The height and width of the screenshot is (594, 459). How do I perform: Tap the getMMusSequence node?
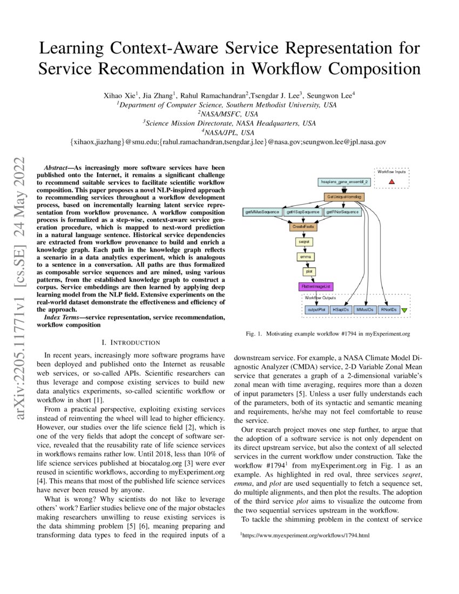pos(262,212)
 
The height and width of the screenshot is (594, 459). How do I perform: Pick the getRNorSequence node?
pos(343,212)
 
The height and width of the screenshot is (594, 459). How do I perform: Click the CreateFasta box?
pos(304,227)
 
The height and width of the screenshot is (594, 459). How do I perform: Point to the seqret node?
pos(304,242)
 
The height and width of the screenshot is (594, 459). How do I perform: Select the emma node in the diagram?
pos(304,257)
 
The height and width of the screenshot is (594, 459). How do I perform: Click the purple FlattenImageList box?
pos(316,286)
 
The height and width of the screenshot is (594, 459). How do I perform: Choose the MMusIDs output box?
pos(366,310)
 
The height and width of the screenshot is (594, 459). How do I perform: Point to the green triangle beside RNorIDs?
pos(404,310)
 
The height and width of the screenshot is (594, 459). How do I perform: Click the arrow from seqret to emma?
pos(304,250)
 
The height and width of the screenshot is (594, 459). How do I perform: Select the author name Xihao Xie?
pos(118,96)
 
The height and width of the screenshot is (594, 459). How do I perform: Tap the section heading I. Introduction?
pos(131,342)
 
